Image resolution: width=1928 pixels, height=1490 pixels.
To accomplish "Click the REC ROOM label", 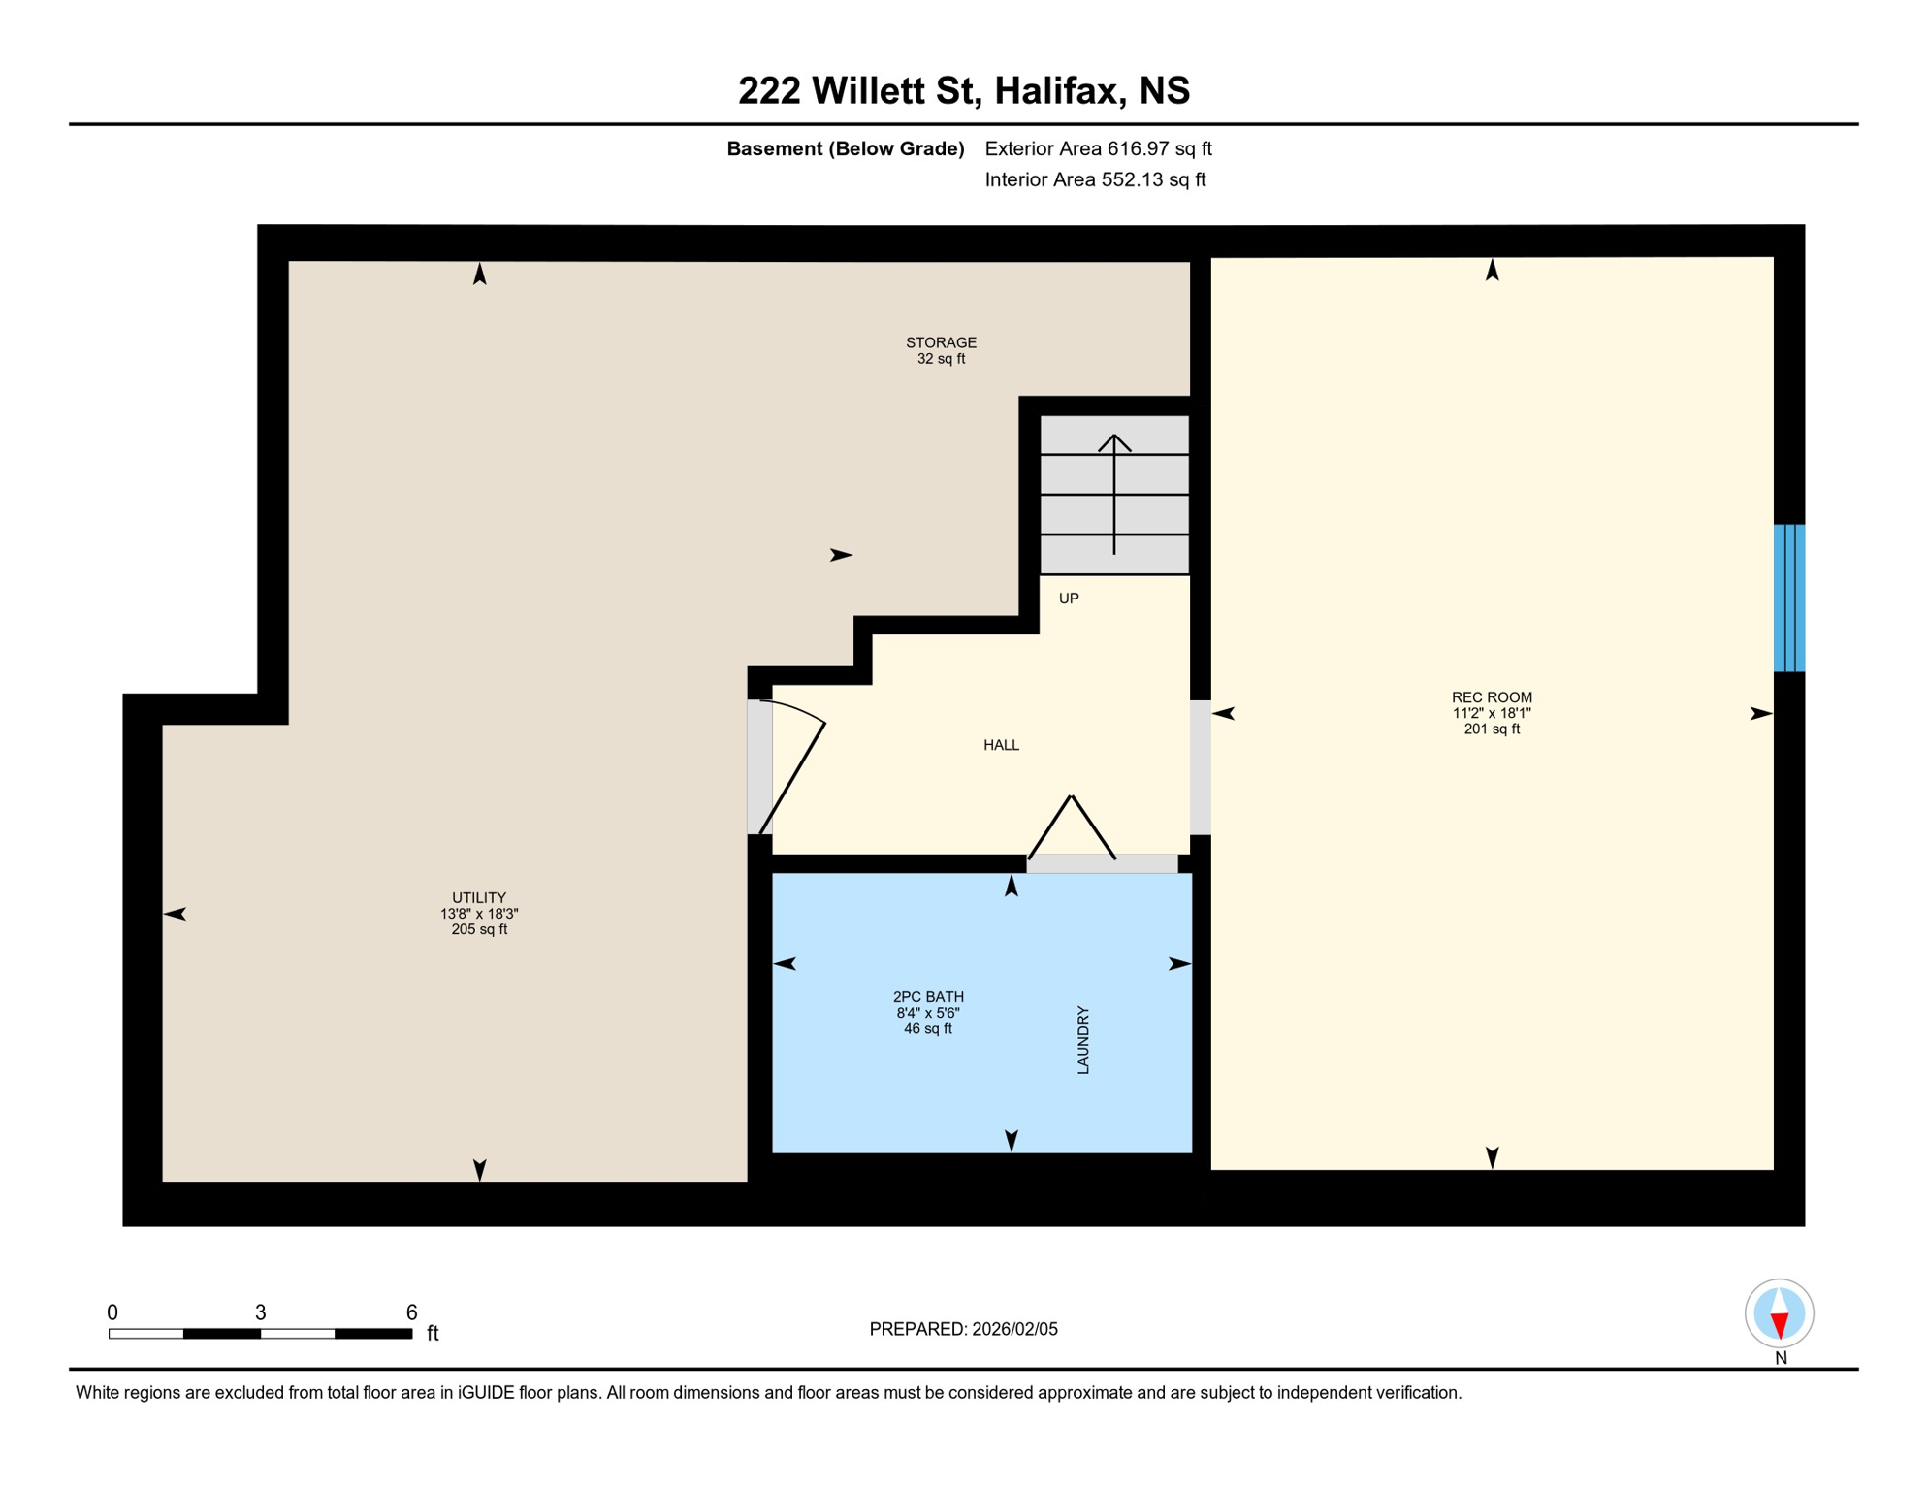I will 1491,697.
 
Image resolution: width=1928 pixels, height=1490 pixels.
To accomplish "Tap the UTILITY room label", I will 479,898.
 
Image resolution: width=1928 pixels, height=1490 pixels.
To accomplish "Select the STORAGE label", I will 941,342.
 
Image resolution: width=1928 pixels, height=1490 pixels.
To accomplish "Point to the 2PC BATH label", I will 928,997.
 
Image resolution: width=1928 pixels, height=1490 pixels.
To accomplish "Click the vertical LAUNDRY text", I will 1083,1040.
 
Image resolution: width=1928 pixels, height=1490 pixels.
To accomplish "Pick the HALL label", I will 1001,745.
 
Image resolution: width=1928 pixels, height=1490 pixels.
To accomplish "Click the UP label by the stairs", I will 1068,599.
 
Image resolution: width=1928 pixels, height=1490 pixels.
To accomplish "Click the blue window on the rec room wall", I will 1788,598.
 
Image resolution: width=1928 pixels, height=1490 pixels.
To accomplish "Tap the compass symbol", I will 1779,1313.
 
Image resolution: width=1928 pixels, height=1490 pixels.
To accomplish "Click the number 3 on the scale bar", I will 260,1312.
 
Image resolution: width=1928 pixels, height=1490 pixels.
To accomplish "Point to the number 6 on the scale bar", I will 411,1312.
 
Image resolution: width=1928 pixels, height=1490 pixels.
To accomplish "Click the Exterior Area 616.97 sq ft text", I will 1098,148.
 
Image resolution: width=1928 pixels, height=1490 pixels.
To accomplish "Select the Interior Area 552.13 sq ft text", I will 1095,179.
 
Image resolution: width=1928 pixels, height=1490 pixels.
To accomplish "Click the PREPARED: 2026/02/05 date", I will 963,1329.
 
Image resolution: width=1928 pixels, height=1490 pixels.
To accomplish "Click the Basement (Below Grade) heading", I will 845,148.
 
